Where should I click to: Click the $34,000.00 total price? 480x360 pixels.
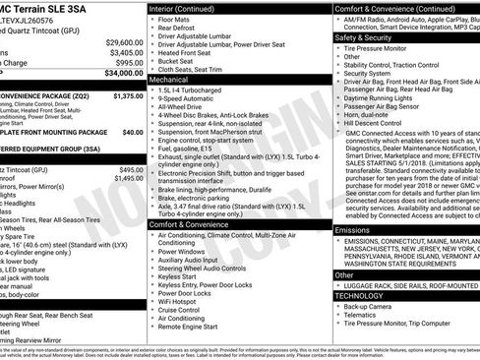119,72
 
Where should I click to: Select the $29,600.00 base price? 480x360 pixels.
122,42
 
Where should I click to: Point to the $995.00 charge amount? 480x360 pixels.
126,61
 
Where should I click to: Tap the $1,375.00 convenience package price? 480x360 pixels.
122,96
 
